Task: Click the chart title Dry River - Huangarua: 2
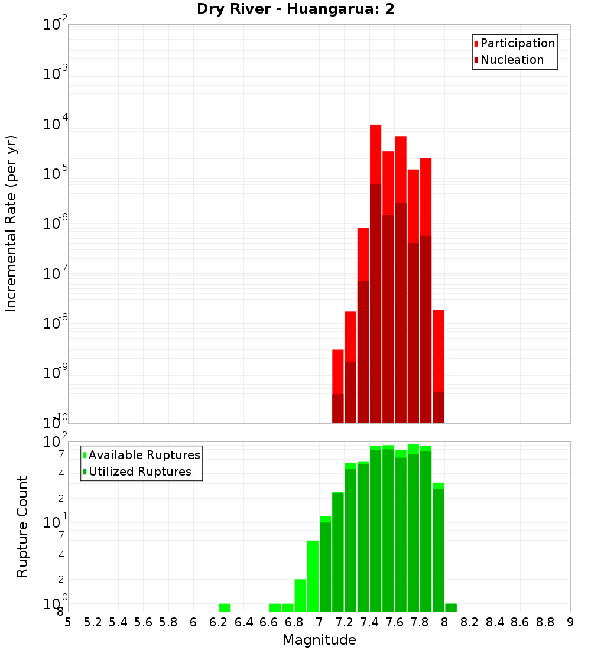295,9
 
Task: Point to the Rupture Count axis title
22,526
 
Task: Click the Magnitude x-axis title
319,640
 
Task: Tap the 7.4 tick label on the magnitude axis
369,622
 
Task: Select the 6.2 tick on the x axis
219,622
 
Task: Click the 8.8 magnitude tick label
545,622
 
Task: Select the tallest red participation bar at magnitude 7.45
375,154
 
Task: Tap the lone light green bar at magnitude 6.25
225,607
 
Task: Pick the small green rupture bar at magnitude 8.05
451,607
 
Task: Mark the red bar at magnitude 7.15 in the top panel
337,372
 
